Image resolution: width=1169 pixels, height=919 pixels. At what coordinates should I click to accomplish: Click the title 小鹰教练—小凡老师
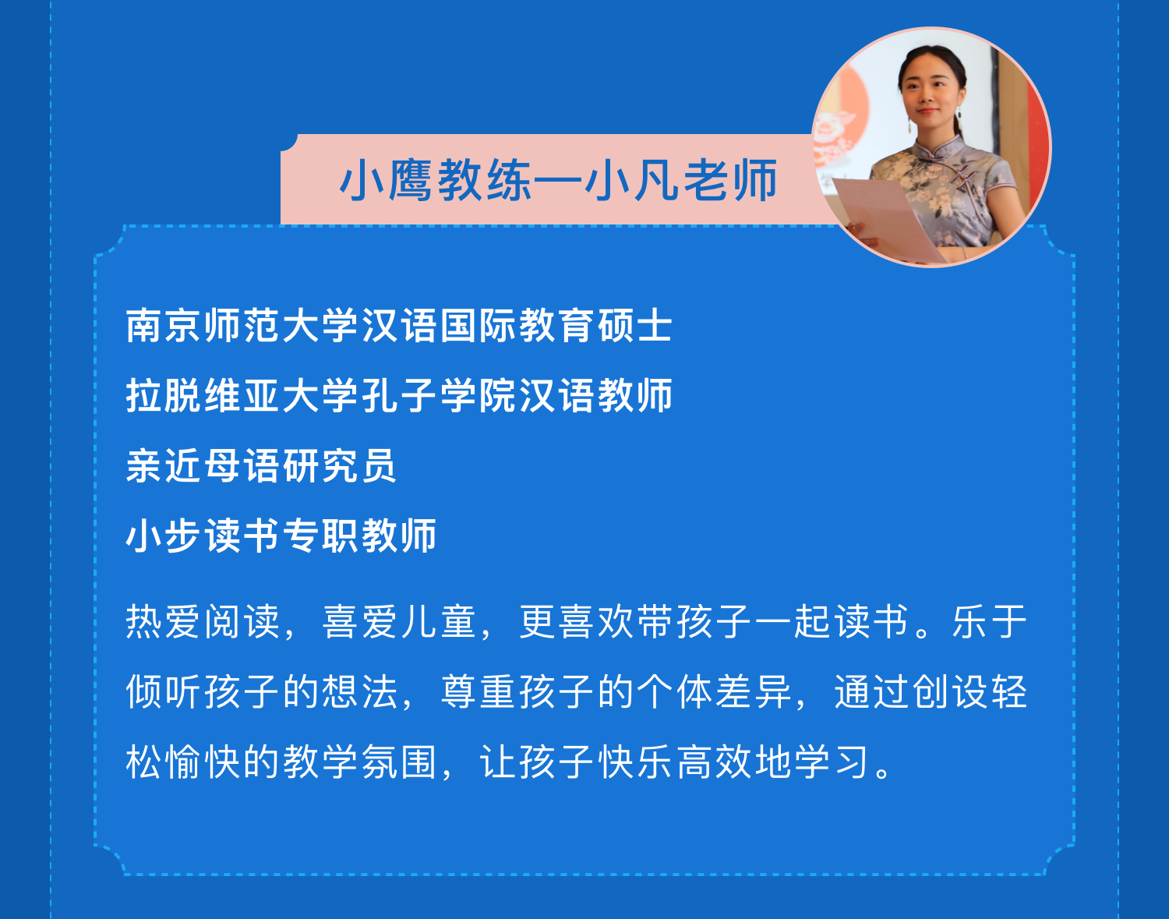coord(559,180)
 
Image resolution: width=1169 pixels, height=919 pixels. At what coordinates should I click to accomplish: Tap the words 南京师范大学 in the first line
coord(242,326)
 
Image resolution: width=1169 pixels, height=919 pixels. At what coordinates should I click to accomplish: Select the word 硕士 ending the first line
coord(635,326)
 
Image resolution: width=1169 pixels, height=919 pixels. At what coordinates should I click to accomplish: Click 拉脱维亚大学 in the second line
coord(242,395)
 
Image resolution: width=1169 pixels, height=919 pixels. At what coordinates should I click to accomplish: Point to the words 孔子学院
coord(438,395)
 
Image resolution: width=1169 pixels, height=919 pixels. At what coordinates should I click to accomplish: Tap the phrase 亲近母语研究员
coord(261,466)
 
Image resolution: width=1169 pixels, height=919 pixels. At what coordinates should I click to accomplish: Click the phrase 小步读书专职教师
coord(281,536)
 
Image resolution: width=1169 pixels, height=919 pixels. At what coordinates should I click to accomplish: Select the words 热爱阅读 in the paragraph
coord(203,622)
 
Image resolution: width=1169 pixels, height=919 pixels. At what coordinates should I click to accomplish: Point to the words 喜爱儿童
coord(399,622)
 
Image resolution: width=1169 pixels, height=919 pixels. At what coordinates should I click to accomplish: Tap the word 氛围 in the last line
coord(399,762)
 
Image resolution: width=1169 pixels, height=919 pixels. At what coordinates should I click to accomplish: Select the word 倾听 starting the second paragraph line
coord(164,692)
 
